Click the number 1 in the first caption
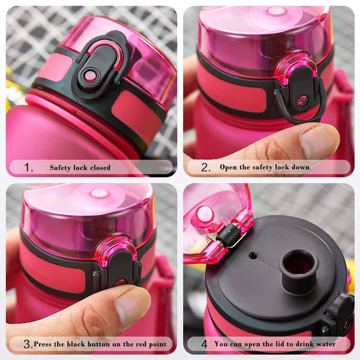29,168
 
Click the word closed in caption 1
99,168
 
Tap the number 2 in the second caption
206,167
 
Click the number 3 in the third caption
28,344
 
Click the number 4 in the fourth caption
204,344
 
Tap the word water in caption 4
325,344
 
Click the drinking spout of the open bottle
298,265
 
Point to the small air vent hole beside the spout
253,255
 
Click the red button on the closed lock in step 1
91,76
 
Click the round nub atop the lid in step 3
99,193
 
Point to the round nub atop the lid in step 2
276,11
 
